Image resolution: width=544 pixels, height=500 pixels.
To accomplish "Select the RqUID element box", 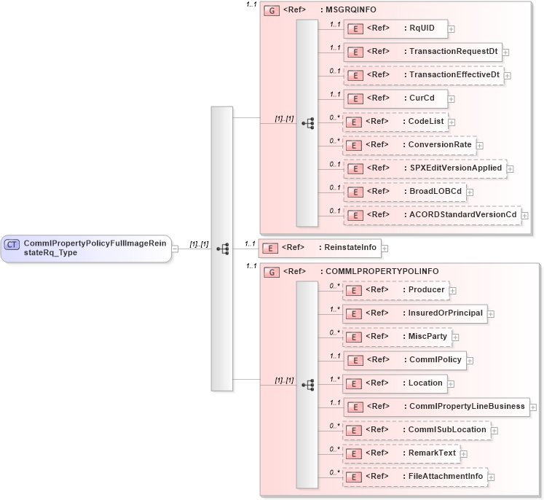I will tap(395, 28).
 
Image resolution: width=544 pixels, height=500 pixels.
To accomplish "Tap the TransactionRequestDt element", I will tap(422, 52).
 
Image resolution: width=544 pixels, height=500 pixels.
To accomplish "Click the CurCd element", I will tap(395, 98).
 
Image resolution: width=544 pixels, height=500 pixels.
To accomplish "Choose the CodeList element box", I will tap(395, 122).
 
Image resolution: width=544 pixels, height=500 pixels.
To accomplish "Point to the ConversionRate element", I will tap(409, 145).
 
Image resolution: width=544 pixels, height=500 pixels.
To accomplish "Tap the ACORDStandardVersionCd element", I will tap(431, 215).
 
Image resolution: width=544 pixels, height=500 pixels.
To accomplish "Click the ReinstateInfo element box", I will tap(320, 248).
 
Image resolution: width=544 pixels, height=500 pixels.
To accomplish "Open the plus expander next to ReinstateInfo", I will tap(385, 249).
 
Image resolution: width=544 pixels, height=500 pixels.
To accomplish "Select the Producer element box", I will tap(395, 290).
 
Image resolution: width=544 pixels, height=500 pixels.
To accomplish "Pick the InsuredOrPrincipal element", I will tap(414, 313).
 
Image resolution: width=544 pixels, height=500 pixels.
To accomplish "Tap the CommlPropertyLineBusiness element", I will tap(435, 407).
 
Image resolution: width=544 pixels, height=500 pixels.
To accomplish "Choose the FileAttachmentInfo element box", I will tap(414, 477).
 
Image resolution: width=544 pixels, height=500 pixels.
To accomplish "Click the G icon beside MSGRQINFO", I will tap(271, 11).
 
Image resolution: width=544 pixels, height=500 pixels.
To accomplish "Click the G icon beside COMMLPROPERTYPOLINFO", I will tap(271, 272).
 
